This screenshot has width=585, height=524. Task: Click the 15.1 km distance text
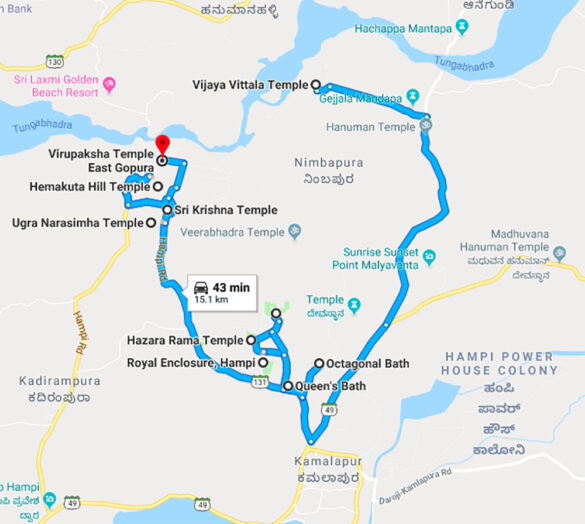tap(212, 298)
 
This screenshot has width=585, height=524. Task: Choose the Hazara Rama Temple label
tap(186, 341)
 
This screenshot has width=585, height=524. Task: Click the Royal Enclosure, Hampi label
tap(190, 362)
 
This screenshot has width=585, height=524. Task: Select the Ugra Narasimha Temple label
tap(77, 222)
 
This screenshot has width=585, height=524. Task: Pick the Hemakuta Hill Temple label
tap(89, 187)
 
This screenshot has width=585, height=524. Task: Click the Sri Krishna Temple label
tap(226, 210)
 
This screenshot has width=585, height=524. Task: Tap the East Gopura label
tap(114, 170)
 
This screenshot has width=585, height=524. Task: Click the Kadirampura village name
tap(54, 380)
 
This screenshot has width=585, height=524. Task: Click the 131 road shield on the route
tap(261, 382)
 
